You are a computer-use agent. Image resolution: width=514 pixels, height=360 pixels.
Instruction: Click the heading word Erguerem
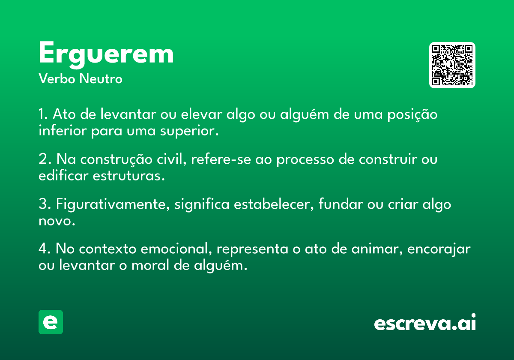point(106,55)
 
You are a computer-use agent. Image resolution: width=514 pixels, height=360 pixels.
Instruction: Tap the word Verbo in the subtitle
point(57,79)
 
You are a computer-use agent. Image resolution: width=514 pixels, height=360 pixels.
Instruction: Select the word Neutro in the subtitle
point(101,79)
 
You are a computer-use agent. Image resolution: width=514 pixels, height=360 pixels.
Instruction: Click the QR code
point(452,65)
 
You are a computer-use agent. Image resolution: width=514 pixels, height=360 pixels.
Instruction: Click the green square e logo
point(51,322)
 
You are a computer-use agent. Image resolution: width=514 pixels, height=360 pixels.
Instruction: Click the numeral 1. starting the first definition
point(43,114)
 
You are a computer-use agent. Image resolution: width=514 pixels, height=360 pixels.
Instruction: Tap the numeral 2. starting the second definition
point(45,159)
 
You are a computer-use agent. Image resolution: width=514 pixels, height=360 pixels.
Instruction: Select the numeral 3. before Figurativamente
point(45,204)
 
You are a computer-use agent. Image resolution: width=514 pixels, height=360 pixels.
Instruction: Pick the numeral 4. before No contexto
point(45,249)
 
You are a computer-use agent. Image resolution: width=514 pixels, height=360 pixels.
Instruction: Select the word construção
point(117,159)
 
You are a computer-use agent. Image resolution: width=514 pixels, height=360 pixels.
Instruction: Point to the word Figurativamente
point(111,204)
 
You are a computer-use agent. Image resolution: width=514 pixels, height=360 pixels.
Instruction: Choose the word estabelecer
point(272,204)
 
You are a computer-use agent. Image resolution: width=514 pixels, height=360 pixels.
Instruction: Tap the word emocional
point(175,249)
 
